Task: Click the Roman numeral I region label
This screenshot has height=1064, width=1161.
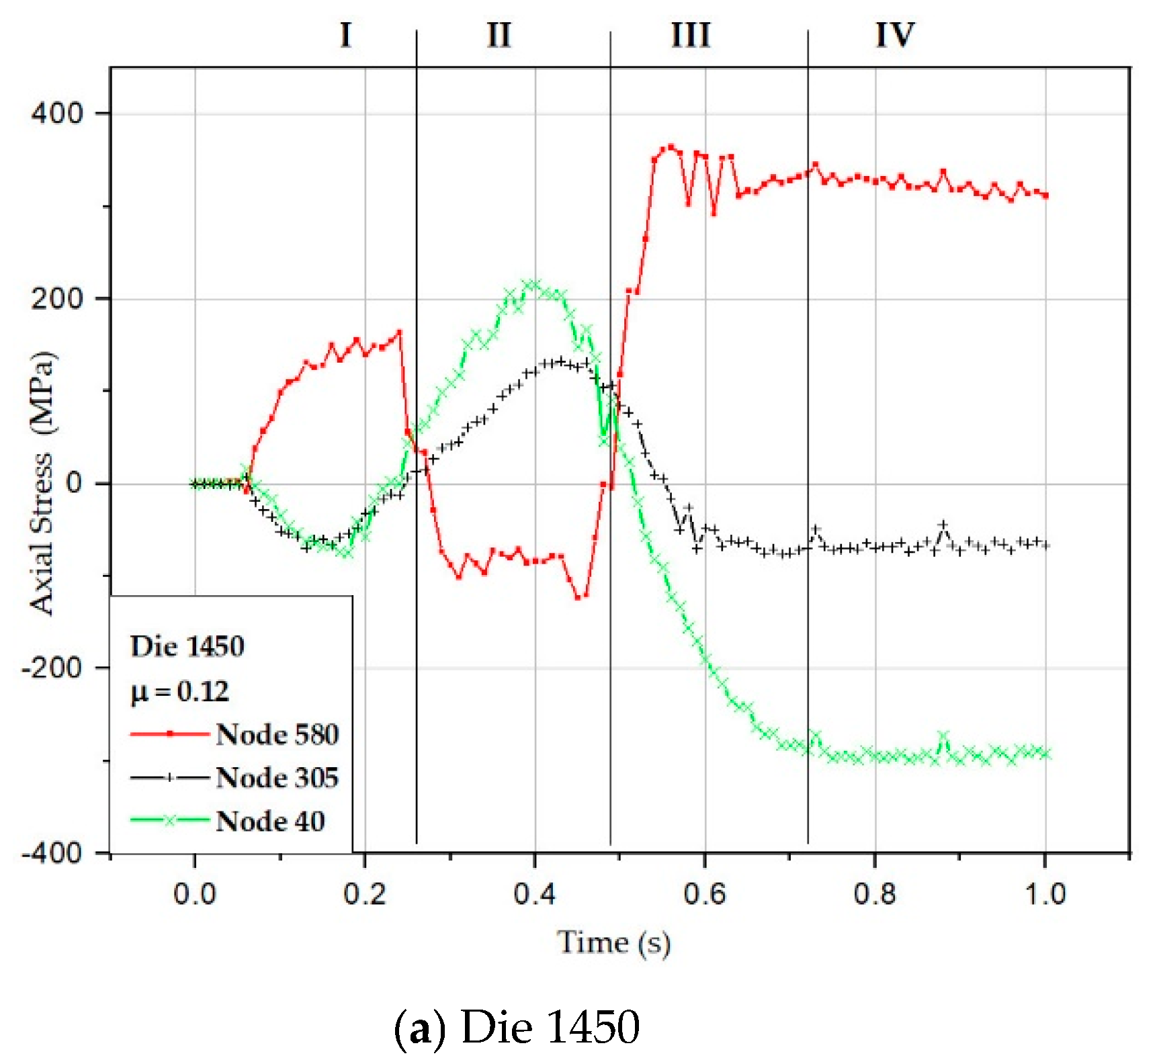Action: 346,35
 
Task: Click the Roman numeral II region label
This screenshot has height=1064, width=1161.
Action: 499,35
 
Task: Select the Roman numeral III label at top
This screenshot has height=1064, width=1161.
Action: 691,35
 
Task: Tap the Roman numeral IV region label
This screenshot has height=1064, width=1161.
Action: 895,35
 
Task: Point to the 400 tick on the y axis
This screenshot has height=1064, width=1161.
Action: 56,113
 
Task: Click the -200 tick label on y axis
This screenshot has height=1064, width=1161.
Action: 52,668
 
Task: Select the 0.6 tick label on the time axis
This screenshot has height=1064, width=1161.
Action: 705,894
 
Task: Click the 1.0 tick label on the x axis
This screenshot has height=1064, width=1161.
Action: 1045,894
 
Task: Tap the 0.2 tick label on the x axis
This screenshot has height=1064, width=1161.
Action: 364,894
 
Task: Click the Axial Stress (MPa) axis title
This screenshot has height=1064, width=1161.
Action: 42,482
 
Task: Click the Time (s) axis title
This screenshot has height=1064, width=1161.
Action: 613,942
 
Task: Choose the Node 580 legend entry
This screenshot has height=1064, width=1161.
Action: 277,734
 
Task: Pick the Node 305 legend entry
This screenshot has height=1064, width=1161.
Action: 277,778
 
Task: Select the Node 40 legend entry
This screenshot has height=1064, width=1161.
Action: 270,822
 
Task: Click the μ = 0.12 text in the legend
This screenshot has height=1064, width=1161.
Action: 179,691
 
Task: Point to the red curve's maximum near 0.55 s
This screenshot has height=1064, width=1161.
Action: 670,147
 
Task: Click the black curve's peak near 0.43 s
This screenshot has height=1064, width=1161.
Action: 561,361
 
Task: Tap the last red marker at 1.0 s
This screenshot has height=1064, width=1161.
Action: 1045,195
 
